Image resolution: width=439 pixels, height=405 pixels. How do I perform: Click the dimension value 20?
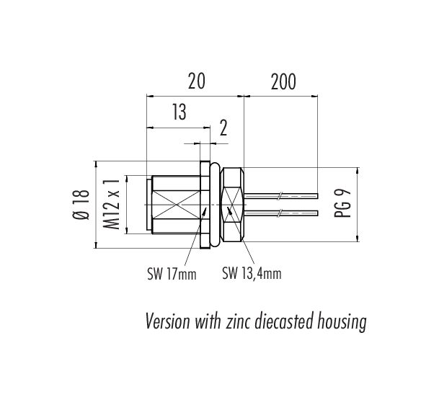197,81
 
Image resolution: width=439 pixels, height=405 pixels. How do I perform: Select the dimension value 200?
283,81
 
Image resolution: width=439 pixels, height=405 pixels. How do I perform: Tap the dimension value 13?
179,112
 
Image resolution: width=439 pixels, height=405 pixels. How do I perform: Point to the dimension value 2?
223,128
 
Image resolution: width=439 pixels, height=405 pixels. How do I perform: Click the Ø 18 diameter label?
81,205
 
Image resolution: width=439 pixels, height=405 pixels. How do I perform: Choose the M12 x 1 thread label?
112,205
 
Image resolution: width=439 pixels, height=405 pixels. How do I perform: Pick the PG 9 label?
342,203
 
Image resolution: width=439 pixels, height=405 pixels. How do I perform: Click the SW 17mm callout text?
172,274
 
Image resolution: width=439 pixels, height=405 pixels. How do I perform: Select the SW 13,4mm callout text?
252,273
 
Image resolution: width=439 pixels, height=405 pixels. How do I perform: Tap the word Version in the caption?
168,321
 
